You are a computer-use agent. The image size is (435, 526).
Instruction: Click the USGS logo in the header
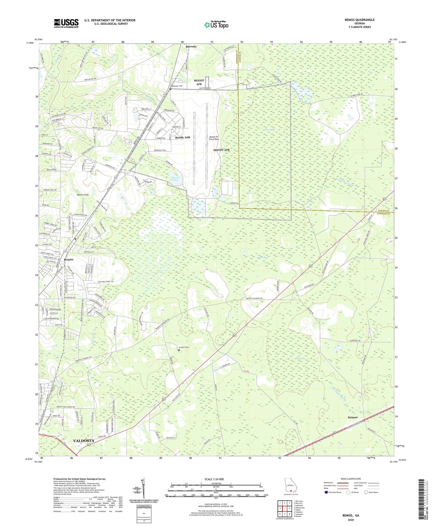click(x=66, y=23)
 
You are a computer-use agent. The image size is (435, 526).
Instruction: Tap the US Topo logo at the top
click(x=216, y=25)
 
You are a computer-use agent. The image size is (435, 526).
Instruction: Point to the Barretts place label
click(x=191, y=47)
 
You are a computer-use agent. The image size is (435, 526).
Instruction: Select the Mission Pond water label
click(x=176, y=179)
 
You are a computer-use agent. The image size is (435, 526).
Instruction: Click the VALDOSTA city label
click(x=84, y=440)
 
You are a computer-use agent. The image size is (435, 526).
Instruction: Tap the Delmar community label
click(x=353, y=418)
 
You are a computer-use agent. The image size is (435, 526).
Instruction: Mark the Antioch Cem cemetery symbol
click(x=179, y=350)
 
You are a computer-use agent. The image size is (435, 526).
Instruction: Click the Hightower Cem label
click(x=177, y=86)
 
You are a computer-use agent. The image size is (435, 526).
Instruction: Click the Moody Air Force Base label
click(x=214, y=138)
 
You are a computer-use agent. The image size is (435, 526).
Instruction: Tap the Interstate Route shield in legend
click(x=326, y=492)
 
